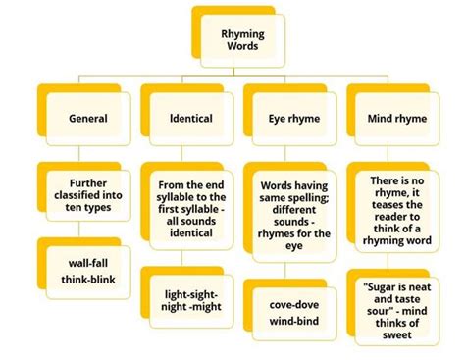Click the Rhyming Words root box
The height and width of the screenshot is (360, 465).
[240, 41]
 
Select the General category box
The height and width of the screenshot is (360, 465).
[88, 118]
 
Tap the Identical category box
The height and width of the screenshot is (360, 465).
[189, 118]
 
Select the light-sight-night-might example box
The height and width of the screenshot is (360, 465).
[191, 296]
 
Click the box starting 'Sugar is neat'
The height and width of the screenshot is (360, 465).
[397, 312]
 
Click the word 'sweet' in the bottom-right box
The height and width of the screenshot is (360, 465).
[397, 334]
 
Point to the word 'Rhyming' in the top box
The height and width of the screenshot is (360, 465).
[241, 33]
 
